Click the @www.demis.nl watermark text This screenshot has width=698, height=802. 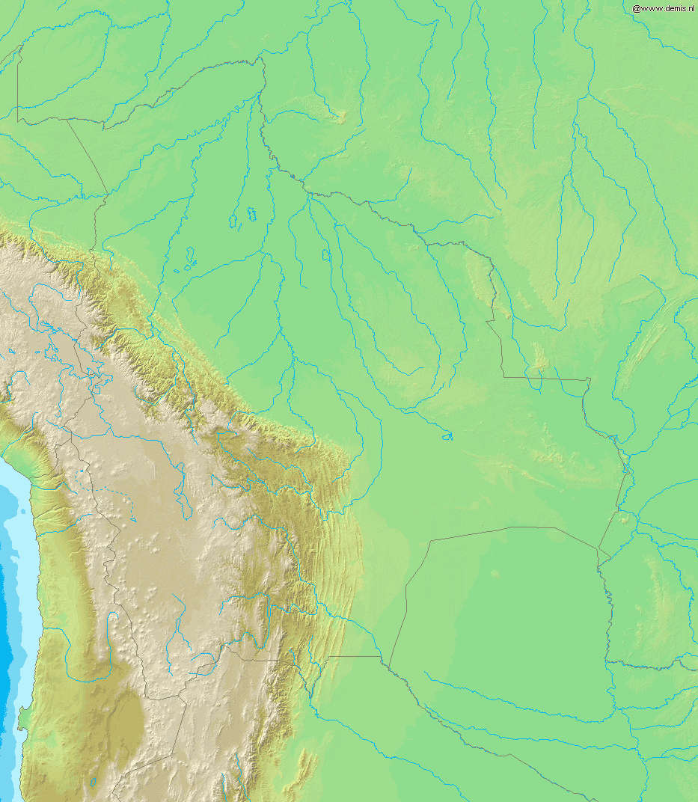click(x=664, y=8)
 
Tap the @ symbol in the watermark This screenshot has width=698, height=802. click(x=636, y=8)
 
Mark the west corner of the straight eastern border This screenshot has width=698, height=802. click(x=503, y=376)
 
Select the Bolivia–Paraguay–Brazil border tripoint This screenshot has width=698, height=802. click(x=598, y=550)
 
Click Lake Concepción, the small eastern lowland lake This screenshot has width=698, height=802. click(x=447, y=435)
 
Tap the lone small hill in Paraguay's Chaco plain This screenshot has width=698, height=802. click(x=495, y=575)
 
